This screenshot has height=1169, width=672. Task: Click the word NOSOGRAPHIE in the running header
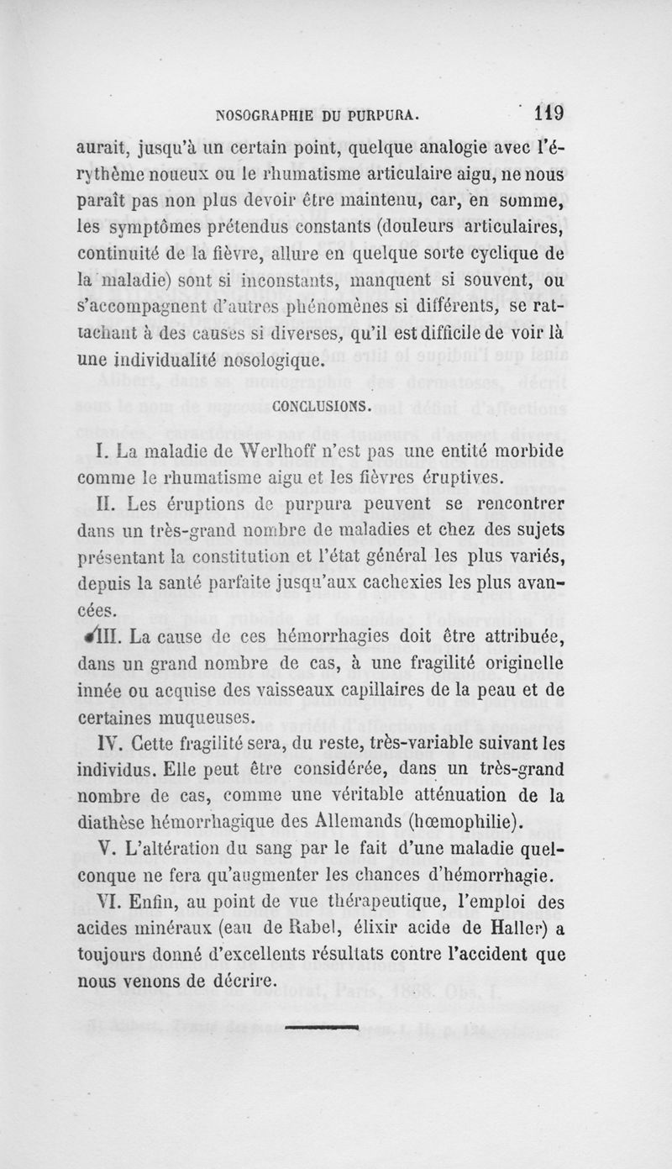point(266,114)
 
